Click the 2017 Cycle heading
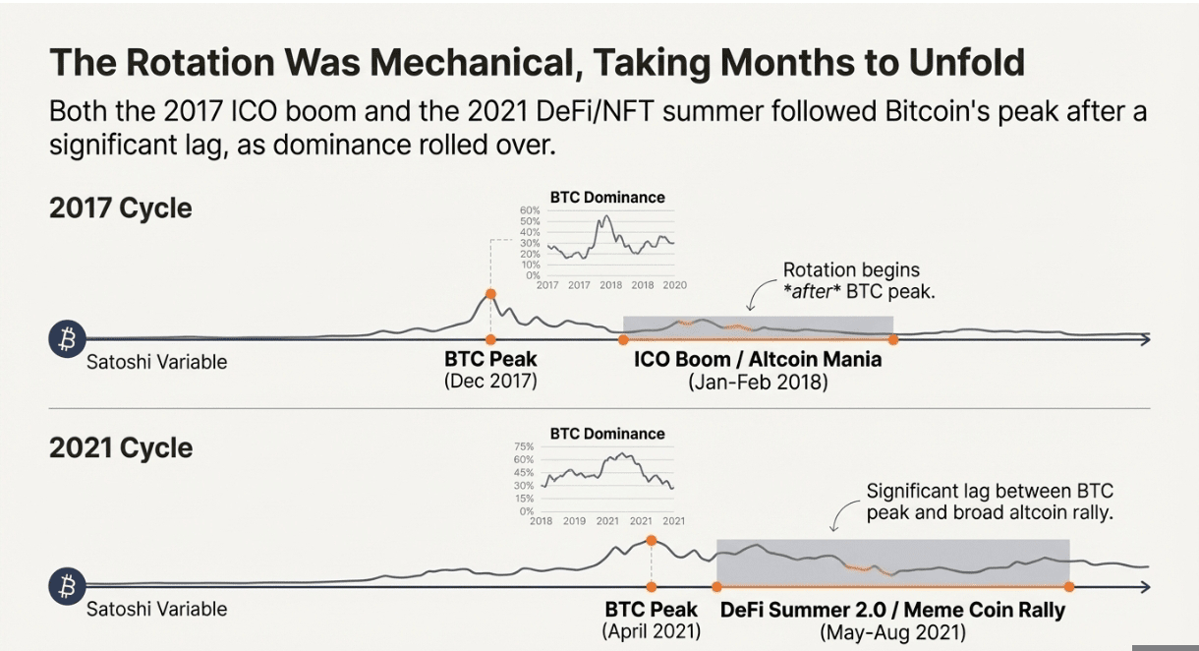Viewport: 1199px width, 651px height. tap(120, 208)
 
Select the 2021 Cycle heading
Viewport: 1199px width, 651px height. tap(120, 448)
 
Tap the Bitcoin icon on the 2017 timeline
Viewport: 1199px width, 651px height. tap(68, 339)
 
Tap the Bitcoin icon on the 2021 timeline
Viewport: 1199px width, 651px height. tap(68, 586)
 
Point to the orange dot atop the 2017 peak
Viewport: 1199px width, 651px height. tap(490, 294)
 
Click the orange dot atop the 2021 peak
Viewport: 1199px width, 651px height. tap(651, 540)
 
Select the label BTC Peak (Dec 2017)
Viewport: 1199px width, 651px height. tap(490, 370)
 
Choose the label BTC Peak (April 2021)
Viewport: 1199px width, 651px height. tap(651, 620)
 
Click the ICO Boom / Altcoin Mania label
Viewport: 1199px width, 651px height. tap(758, 360)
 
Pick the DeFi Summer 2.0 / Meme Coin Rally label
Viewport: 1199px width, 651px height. tap(892, 610)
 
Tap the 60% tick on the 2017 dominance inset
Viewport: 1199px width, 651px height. tap(530, 210)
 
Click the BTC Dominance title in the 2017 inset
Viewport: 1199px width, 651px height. tap(607, 198)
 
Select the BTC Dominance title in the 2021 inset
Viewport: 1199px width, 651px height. tap(607, 434)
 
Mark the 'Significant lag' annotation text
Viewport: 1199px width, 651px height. tap(989, 502)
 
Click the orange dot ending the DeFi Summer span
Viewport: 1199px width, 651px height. tap(1069, 586)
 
